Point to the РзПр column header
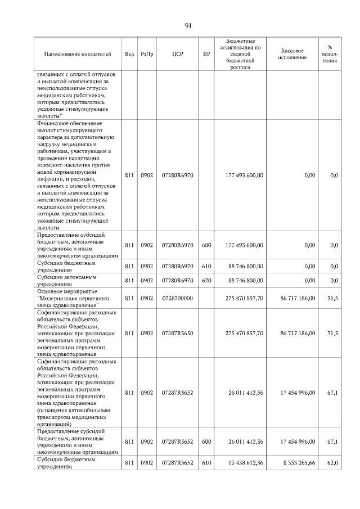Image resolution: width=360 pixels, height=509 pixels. coord(147,54)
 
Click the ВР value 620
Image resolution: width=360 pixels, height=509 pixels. coord(206,280)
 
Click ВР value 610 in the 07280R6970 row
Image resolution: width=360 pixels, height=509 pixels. coord(206,266)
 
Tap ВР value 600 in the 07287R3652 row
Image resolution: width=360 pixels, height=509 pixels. coord(206,442)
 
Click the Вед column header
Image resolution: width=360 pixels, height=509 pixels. coord(129,54)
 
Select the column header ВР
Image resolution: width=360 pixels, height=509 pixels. coord(206,54)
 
